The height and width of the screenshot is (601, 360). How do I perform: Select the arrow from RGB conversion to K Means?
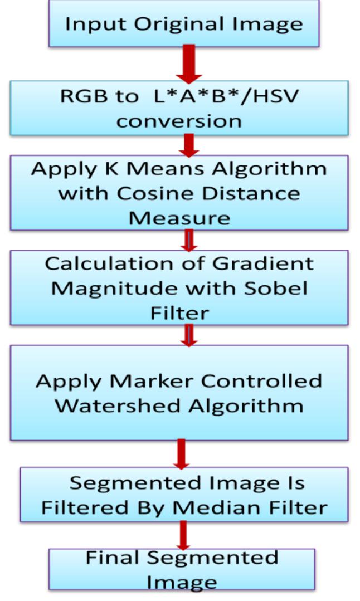[190, 145]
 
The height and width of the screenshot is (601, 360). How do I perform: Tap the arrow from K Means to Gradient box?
[189, 240]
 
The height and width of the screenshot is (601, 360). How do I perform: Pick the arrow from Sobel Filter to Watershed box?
[189, 335]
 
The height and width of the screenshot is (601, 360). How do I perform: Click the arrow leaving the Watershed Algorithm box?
[180, 453]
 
